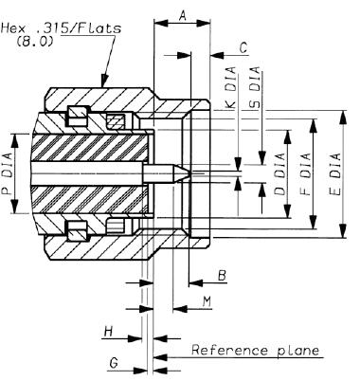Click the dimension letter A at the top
click(183, 15)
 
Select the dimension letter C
click(243, 47)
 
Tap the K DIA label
click(231, 87)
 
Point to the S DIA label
click(255, 87)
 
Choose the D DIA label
click(279, 173)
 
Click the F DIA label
click(305, 173)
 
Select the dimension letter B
click(223, 276)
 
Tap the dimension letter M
click(207, 301)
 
